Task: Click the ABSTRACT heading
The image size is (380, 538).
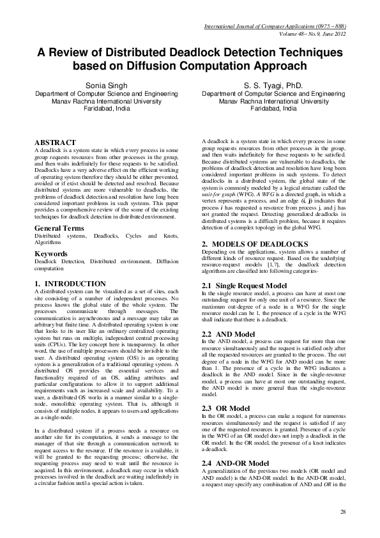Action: tap(55, 142)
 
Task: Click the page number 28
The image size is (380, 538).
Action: tap(343, 512)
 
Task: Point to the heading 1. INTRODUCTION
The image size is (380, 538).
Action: tap(70, 283)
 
